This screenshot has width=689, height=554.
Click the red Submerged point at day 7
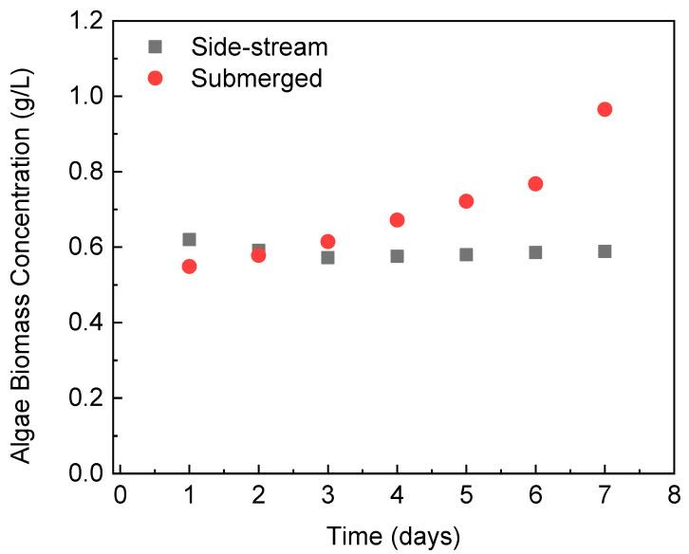(x=605, y=109)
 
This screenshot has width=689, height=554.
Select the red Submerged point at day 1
(x=189, y=267)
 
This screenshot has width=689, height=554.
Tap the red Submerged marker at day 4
(x=397, y=220)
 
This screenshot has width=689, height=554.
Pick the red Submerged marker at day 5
(x=466, y=201)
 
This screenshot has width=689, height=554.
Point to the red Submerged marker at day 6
(x=535, y=183)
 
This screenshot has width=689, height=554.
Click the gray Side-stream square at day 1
(x=189, y=240)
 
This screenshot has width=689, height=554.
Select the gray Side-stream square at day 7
(x=605, y=251)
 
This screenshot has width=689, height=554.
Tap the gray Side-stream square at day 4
(x=397, y=256)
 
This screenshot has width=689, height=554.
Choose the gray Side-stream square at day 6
(x=535, y=252)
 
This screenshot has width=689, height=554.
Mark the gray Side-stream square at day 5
(x=466, y=254)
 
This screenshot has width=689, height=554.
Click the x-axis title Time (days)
(x=394, y=536)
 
